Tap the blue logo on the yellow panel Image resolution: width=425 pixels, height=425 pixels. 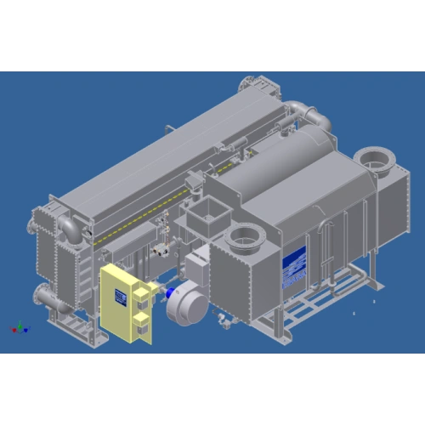[x=121, y=294]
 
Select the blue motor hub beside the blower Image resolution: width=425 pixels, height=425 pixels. [x=173, y=300]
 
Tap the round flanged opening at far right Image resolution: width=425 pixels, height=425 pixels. [x=371, y=158]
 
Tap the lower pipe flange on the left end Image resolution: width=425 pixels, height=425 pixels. [x=42, y=297]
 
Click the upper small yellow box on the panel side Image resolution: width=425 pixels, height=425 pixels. [x=141, y=294]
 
